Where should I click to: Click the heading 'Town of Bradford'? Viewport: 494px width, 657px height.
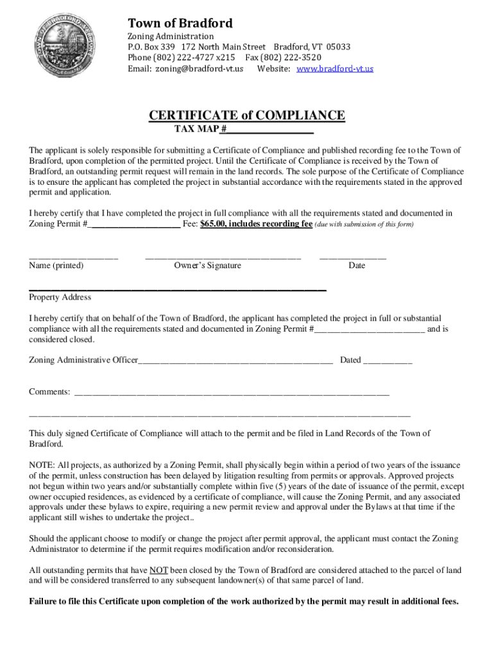click(x=180, y=23)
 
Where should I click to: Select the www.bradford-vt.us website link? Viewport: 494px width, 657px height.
click(x=335, y=69)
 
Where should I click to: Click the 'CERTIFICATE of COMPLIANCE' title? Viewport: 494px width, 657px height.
click(x=247, y=115)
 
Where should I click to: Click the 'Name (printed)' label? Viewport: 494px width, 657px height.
click(x=56, y=266)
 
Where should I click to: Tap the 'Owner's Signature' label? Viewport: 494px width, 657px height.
click(x=207, y=266)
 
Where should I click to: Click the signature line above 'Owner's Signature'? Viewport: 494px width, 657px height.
click(x=223, y=257)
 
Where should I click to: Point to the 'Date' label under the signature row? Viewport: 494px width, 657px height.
click(x=357, y=266)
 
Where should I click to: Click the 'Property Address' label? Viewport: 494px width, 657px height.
click(x=60, y=297)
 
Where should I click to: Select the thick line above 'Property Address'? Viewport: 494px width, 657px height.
click(x=178, y=291)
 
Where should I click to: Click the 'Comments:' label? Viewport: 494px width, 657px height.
click(x=49, y=391)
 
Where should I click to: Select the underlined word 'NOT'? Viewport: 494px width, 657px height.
click(x=158, y=570)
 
